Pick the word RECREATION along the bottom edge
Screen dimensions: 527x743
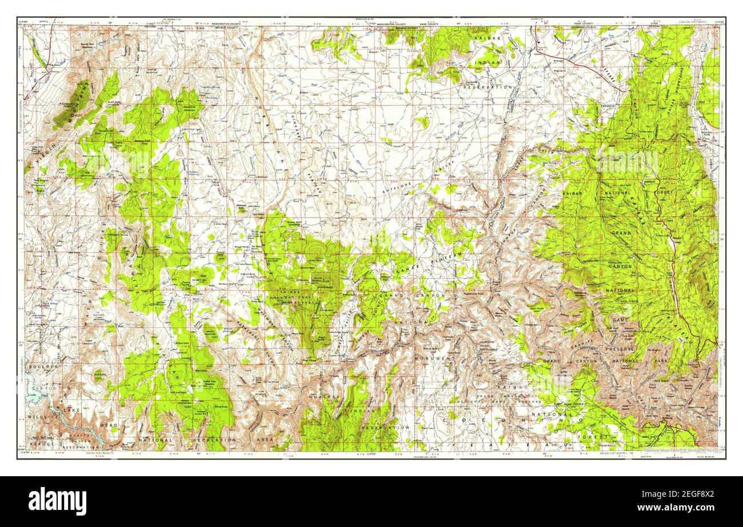(214, 440)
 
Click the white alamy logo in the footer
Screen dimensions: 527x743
(58, 501)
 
